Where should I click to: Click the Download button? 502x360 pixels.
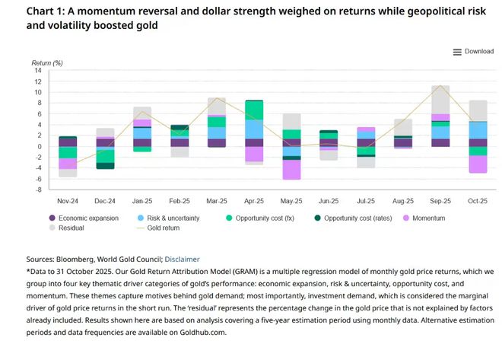click(473, 52)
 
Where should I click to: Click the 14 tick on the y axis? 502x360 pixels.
click(38, 71)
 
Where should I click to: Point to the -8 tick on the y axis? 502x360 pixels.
click(38, 189)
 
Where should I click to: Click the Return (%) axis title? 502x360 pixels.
click(47, 62)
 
